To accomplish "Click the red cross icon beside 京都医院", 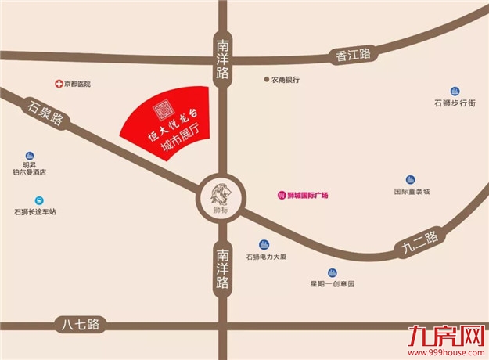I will pos(58,83).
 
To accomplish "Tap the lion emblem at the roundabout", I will pos(219,192).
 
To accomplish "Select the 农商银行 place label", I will pos(286,80).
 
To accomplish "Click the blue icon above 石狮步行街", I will pos(455,89).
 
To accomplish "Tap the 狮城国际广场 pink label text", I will pos(308,195).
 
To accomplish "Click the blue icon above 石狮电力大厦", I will pos(264,244).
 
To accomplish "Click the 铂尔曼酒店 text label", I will pos(34,175).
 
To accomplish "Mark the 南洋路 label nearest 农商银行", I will pos(222,59).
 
